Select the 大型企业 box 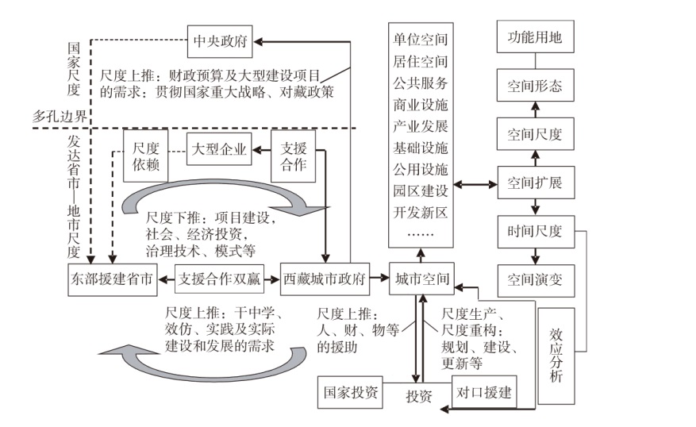tap(218, 147)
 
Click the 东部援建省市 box tap(112, 279)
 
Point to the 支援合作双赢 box tap(219, 279)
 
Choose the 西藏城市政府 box tap(325, 279)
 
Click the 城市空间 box tap(420, 279)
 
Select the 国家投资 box tap(350, 391)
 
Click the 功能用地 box tap(534, 37)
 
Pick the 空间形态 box tap(534, 86)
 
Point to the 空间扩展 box tap(534, 183)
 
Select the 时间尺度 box tap(534, 231)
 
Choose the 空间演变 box tap(534, 279)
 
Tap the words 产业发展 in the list tap(421, 125)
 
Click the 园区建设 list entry tap(421, 190)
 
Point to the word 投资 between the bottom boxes tap(418, 396)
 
